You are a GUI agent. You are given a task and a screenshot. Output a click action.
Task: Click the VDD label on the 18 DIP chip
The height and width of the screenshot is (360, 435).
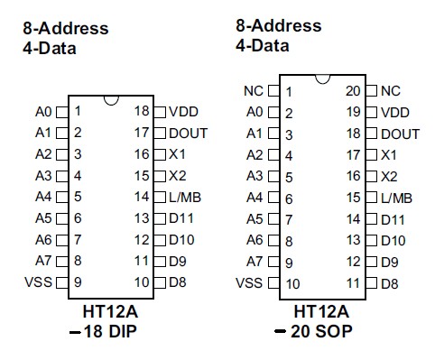(x=182, y=112)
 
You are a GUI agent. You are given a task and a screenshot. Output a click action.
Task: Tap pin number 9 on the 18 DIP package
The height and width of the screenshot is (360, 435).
(x=79, y=282)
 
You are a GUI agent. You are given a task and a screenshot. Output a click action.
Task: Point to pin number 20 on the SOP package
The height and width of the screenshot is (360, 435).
(x=354, y=91)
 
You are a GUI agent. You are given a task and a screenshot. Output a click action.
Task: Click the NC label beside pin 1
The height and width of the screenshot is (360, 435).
(x=253, y=91)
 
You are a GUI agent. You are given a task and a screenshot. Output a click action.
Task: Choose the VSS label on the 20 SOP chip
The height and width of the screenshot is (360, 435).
(x=248, y=283)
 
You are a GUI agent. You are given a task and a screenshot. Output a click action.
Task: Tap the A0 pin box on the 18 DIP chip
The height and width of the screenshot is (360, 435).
(x=61, y=113)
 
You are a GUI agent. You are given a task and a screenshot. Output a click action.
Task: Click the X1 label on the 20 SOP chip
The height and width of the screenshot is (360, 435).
(x=389, y=155)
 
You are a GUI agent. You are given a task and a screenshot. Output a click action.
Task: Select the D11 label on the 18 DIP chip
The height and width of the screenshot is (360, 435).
(x=182, y=218)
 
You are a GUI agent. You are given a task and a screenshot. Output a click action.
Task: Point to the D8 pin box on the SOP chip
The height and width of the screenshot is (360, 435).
(x=371, y=283)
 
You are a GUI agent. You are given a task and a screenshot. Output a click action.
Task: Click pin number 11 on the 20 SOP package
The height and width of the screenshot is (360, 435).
(x=354, y=283)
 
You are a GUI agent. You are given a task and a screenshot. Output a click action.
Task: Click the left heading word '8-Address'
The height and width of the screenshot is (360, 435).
(x=65, y=29)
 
